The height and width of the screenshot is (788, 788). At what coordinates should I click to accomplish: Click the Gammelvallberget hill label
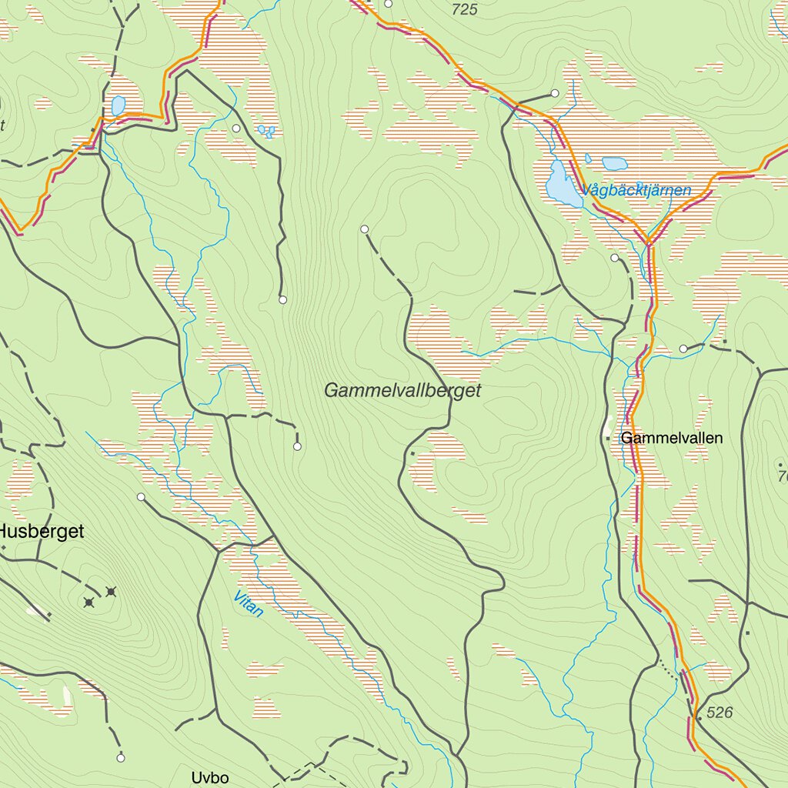(402, 390)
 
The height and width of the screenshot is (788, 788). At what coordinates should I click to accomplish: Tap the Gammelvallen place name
(672, 438)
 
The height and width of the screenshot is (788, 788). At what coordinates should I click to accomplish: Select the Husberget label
(41, 531)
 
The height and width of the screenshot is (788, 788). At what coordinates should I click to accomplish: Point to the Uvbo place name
(210, 777)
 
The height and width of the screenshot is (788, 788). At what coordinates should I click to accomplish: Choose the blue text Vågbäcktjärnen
(636, 190)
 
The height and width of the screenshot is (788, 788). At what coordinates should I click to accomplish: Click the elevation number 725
(465, 9)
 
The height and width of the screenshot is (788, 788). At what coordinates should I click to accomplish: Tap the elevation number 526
(719, 713)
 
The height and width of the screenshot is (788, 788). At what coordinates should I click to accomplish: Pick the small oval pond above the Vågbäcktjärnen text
(614, 163)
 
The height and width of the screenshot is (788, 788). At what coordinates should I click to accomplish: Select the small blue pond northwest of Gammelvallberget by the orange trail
(118, 105)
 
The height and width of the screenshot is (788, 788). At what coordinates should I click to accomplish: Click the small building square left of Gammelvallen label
(608, 438)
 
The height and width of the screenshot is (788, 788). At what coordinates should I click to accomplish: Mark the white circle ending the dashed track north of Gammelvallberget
(365, 229)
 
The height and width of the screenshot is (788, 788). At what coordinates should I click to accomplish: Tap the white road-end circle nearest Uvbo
(121, 758)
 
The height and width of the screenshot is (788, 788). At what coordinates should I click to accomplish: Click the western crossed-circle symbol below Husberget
(89, 602)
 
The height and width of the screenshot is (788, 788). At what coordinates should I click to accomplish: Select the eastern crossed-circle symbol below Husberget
(112, 591)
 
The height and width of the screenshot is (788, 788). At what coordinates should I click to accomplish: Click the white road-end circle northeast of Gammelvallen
(683, 349)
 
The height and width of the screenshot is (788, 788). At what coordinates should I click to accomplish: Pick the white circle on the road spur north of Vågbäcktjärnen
(555, 93)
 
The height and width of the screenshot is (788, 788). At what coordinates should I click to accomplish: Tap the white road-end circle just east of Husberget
(141, 497)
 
